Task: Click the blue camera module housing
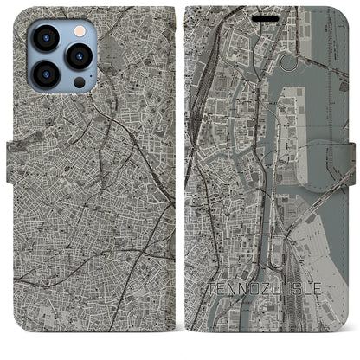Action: click(x=61, y=55)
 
